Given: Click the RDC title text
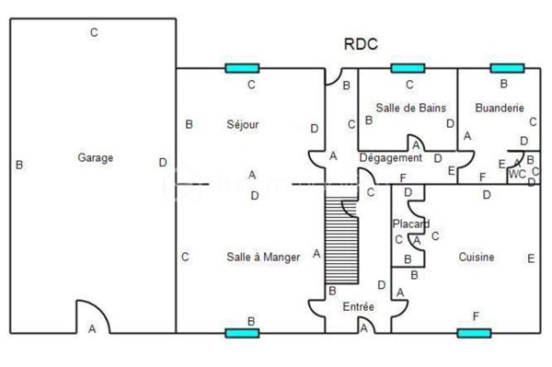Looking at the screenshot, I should pyautogui.click(x=361, y=43).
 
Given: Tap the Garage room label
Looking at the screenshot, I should pyautogui.click(x=96, y=158).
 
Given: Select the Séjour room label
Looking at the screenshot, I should pyautogui.click(x=243, y=124).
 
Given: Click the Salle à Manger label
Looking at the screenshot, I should pyautogui.click(x=263, y=258).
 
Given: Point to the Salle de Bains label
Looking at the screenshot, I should pyautogui.click(x=410, y=108).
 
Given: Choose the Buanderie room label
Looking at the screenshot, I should pyautogui.click(x=495, y=108).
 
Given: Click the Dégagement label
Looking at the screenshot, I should pyautogui.click(x=390, y=158).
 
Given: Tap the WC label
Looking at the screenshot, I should pyautogui.click(x=517, y=173).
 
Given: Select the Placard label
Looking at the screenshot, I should pyautogui.click(x=410, y=224).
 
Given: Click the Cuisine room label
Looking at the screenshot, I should pyautogui.click(x=477, y=258).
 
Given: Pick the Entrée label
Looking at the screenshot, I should pyautogui.click(x=358, y=306).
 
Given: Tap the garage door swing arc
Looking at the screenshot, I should pyautogui.click(x=92, y=316).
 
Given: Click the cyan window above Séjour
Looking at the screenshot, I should pyautogui.click(x=242, y=68).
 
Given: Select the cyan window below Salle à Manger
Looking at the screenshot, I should pyautogui.click(x=242, y=332).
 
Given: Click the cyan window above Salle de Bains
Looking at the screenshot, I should pyautogui.click(x=407, y=68).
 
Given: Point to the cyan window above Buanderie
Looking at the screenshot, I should pyautogui.click(x=506, y=68).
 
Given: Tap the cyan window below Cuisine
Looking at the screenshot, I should pyautogui.click(x=474, y=332).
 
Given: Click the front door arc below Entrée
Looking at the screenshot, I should pyautogui.click(x=364, y=327).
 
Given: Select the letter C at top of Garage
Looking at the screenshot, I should pyautogui.click(x=94, y=33).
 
